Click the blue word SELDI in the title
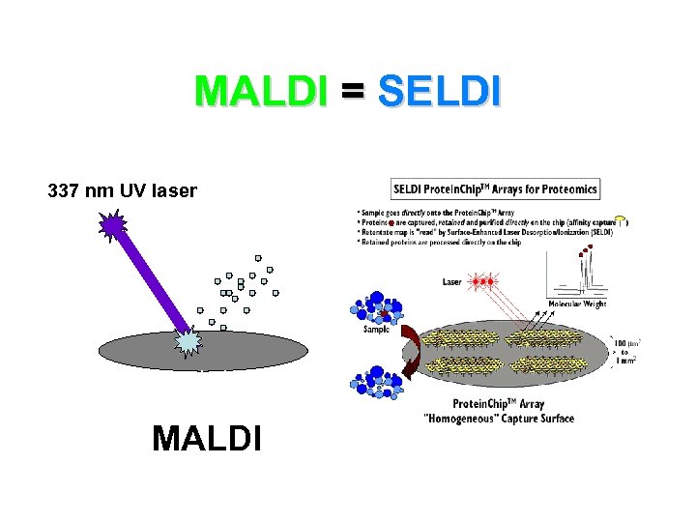[x=439, y=92]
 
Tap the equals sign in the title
[x=352, y=92]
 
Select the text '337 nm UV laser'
[x=122, y=191]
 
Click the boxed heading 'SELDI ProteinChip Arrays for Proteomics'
[x=495, y=188]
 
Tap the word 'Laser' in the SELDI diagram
[x=451, y=282]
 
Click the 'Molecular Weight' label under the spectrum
[x=577, y=304]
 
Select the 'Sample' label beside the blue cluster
[x=376, y=329]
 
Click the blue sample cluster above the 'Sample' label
[x=378, y=305]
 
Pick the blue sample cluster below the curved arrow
[x=378, y=384]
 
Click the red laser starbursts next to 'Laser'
[x=482, y=282]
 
